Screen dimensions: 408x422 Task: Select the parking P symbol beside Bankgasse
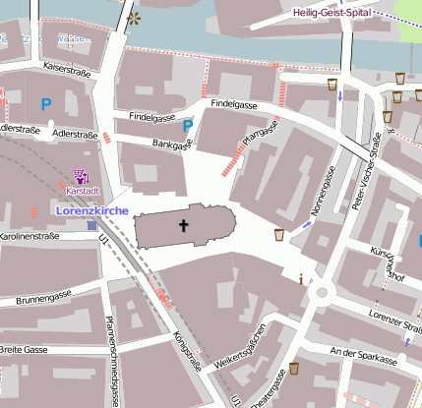tap(188, 125)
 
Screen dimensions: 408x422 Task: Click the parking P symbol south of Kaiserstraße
tap(45, 101)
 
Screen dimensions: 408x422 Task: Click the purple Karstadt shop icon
tap(82, 178)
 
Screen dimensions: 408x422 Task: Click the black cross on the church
tap(183, 226)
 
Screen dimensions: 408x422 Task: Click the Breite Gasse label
tap(25, 350)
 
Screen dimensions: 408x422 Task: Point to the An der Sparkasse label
tap(365, 352)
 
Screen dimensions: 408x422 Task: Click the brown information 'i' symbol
tap(301, 278)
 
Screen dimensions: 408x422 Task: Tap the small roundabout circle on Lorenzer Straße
tap(320, 293)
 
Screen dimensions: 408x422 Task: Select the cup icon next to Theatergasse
tap(292, 370)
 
